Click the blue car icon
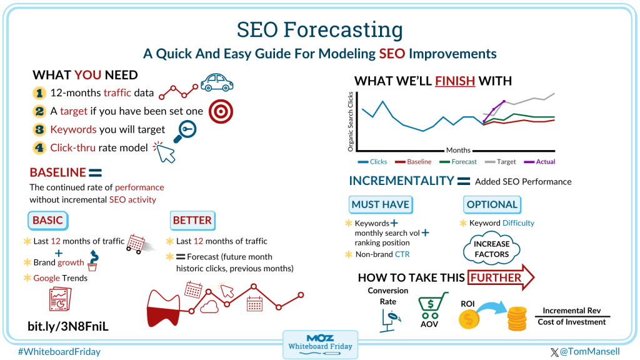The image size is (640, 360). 217,82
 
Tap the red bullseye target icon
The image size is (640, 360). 221,111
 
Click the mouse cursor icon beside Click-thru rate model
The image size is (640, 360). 164,152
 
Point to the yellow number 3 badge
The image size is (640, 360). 39,129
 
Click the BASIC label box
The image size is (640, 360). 47,221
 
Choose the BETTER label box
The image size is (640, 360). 192,221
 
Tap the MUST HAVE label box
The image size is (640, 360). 381,204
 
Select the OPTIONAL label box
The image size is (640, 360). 492,204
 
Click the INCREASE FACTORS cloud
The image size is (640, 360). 491,249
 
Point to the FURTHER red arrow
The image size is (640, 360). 501,277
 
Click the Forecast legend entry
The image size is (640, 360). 458,162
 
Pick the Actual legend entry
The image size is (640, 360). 539,162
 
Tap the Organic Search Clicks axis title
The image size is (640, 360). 350,122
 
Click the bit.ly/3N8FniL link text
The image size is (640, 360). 68,326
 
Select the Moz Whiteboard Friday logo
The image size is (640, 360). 321,344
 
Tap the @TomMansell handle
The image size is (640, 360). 585,351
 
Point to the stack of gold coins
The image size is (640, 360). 517,318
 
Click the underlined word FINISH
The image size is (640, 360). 455,81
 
